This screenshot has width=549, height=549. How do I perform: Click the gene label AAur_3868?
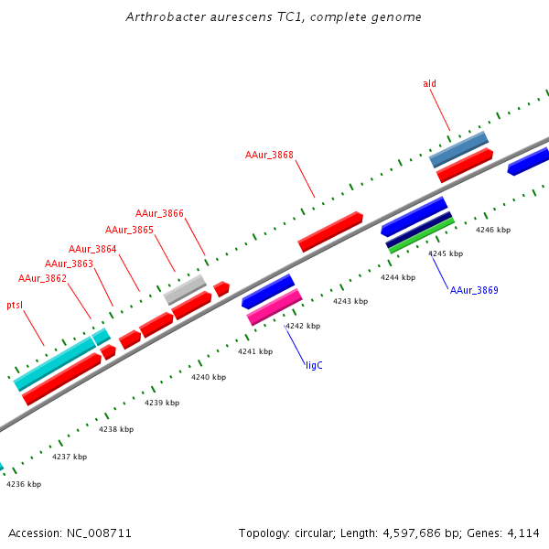269,155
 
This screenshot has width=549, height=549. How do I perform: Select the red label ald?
429,83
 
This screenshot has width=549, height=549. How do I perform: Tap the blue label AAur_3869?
474,290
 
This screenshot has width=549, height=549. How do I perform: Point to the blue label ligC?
314,364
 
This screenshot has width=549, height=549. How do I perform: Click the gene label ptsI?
15,305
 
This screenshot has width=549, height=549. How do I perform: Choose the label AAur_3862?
42,278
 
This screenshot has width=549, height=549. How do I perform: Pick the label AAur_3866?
159,213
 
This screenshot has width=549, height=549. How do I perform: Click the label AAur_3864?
92,249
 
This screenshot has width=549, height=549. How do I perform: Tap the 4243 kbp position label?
350,301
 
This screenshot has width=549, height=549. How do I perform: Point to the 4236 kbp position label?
24,484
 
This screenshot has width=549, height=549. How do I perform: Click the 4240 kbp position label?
208,377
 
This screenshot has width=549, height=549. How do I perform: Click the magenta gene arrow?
274,307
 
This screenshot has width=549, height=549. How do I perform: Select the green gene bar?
421,235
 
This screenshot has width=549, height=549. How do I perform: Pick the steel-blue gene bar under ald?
458,149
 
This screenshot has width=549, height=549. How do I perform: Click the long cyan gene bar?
55,363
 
